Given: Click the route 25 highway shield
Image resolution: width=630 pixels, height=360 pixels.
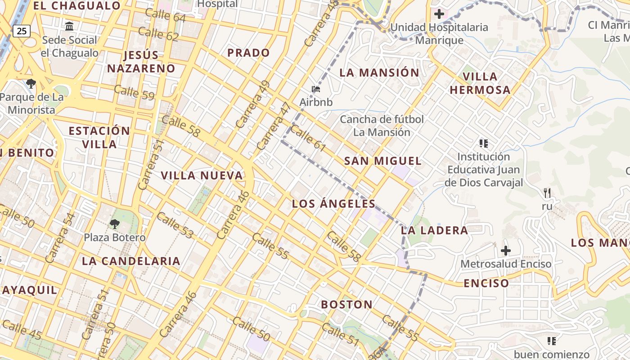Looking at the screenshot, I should (21, 31).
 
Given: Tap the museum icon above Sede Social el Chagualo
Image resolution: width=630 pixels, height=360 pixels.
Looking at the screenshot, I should (69, 27).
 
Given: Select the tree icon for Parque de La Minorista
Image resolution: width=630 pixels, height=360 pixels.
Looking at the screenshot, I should (31, 83).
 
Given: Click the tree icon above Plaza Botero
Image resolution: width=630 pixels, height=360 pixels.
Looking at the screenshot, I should (115, 224).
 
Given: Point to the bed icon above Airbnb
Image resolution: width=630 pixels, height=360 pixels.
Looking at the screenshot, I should (316, 89).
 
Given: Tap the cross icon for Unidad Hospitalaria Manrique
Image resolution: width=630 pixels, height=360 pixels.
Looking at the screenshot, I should (439, 14).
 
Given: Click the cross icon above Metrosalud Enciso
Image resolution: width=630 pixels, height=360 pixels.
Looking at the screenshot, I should (506, 250).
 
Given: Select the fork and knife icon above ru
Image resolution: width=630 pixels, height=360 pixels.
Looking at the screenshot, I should (547, 193).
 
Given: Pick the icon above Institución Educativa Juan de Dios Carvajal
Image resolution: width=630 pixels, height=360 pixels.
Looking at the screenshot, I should (484, 144).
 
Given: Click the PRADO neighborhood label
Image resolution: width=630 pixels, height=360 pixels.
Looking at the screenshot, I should (248, 53).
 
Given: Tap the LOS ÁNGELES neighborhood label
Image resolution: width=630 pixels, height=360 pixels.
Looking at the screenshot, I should (333, 204).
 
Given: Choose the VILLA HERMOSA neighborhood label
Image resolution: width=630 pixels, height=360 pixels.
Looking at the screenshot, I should (480, 83).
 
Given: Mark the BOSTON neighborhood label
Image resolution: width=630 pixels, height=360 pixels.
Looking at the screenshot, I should (346, 305).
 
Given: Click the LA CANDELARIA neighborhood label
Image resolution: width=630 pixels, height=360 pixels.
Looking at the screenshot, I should (131, 261).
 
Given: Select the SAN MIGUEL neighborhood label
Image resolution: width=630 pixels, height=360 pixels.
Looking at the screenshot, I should (382, 161).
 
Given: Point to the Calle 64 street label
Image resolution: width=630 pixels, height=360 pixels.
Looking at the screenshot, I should (165, 15).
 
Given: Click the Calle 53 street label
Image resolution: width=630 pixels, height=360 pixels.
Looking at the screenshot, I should (175, 225).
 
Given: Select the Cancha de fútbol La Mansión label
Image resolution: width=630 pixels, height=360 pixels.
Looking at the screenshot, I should (382, 126).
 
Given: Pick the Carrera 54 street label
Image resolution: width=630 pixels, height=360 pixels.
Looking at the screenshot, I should (60, 238).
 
